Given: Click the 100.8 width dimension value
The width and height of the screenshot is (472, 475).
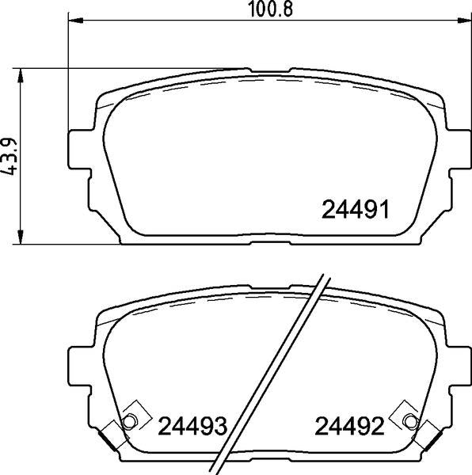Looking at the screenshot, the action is point(271,9).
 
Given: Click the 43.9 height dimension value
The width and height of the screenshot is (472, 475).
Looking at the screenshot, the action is point(8,157).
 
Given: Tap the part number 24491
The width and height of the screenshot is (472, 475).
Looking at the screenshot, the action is point(356,210).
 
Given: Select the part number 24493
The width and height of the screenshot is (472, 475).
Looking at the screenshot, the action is point(192,426).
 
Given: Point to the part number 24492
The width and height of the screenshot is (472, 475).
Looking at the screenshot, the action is point(349,426).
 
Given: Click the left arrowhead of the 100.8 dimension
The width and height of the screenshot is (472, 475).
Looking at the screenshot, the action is point(76,21).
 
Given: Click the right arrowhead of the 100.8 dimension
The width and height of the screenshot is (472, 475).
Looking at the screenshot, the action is point(464,21).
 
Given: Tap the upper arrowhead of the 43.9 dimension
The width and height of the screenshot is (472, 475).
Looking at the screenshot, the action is point(21,75).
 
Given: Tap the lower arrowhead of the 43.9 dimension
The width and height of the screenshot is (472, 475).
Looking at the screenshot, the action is point(21,237).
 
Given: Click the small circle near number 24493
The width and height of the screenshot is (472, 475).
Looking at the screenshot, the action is point(129,421).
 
